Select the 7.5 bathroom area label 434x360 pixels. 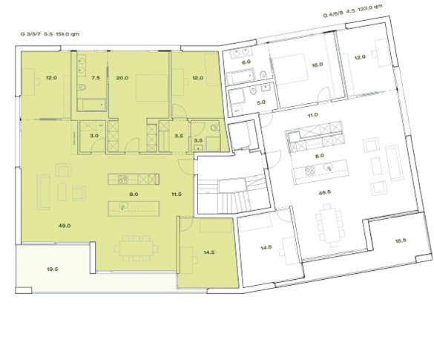[x=96, y=78]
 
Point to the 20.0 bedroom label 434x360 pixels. [x=122, y=78]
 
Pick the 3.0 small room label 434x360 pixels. [x=94, y=136]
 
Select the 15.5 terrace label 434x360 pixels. [x=402, y=242]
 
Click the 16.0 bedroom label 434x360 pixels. [x=318, y=65]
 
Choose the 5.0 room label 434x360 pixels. [x=261, y=102]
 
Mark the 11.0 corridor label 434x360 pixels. [x=312, y=115]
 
